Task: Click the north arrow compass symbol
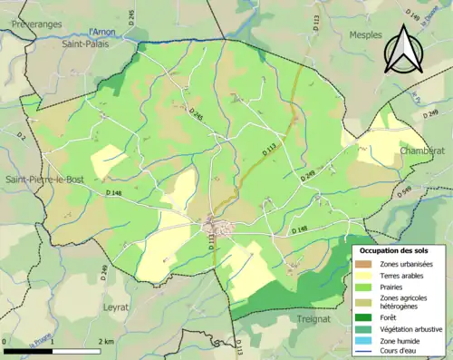(x=403, y=49)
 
